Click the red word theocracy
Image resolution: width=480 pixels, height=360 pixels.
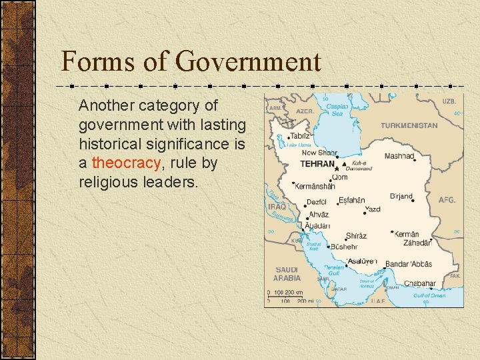click(127, 163)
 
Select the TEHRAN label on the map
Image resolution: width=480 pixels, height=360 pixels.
click(317, 163)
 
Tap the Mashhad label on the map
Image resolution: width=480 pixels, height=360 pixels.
click(399, 156)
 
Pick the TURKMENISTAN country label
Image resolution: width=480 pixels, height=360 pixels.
click(409, 125)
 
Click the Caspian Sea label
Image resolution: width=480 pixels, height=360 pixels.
click(338, 109)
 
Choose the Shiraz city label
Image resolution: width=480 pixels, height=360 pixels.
click(355, 236)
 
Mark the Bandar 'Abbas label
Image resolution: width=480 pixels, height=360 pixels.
click(408, 264)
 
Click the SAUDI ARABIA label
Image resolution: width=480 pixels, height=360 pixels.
click(287, 274)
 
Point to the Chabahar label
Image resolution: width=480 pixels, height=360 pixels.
click(419, 283)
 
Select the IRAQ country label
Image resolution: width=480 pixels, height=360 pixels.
click(276, 207)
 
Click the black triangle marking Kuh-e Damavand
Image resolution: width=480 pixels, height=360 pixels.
click(344, 163)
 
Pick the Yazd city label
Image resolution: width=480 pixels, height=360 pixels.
click(373, 209)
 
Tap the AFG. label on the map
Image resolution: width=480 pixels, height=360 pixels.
click(447, 200)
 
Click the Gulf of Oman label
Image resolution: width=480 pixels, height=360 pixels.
click(429, 295)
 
